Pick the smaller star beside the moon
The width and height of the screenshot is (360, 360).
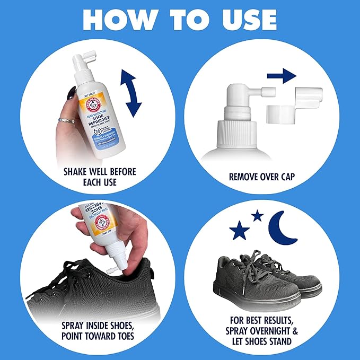coord(258,215)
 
